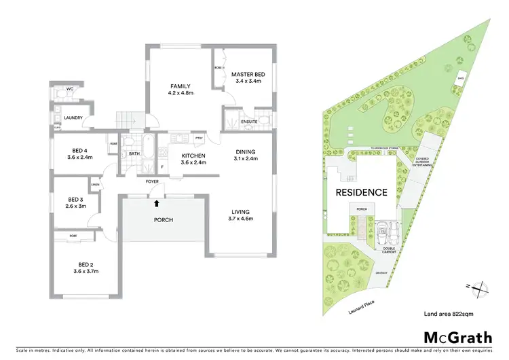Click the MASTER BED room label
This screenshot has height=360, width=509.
(247, 74)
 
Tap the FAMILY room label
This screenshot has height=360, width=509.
(181, 86)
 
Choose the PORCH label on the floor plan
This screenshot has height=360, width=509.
(164, 220)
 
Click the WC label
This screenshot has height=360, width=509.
(69, 89)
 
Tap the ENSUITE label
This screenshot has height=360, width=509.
(249, 122)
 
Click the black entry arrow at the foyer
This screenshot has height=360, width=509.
(157, 202)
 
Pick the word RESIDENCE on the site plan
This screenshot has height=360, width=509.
(362, 192)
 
